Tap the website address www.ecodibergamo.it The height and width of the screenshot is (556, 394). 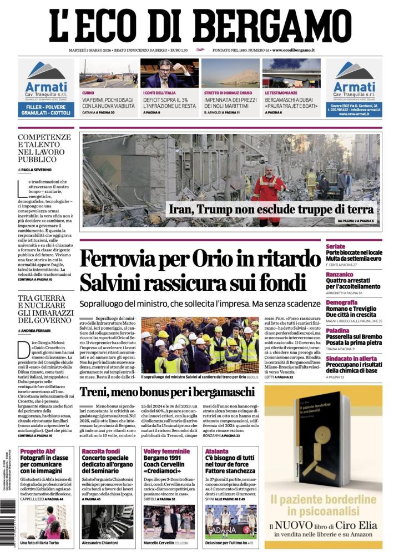294,50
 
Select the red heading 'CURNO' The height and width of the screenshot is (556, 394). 88,92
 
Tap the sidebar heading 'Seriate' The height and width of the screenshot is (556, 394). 336,246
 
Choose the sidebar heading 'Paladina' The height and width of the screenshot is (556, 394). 338,330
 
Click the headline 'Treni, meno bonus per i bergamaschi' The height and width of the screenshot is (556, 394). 166,391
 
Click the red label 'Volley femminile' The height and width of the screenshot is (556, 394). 166,451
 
